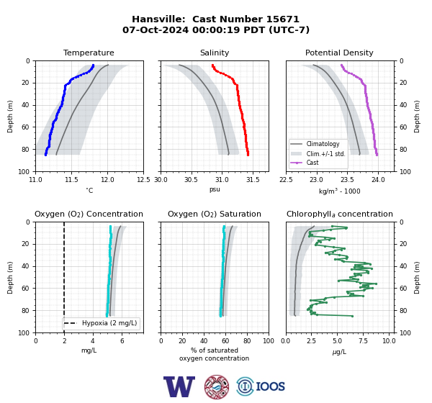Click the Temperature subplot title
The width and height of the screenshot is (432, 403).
[89, 53]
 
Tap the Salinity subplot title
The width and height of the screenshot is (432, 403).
[215, 53]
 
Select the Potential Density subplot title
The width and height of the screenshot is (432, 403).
[339, 53]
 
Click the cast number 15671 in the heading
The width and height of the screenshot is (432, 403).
[283, 19]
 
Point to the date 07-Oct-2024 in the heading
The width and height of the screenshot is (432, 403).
[156, 30]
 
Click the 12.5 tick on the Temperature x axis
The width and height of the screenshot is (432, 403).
[143, 180]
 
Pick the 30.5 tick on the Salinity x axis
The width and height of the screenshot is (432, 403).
[191, 180]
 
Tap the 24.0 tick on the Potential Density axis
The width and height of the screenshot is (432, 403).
[378, 180]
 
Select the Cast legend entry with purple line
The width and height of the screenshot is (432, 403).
[305, 163]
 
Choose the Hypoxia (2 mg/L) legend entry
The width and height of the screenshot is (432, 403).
[101, 323]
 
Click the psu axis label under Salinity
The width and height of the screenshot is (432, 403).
[215, 189]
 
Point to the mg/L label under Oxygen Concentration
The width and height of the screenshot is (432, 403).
[89, 350]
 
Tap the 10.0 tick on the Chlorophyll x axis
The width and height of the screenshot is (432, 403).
[389, 341]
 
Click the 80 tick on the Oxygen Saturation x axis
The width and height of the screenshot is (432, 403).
[247, 341]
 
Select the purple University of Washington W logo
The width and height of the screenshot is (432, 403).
[179, 386]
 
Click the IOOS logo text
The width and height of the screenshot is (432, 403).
[270, 386]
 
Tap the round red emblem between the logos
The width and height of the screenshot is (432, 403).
[217, 386]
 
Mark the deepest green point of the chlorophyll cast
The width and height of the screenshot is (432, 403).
[352, 316]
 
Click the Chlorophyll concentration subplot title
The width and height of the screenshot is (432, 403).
[340, 214]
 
